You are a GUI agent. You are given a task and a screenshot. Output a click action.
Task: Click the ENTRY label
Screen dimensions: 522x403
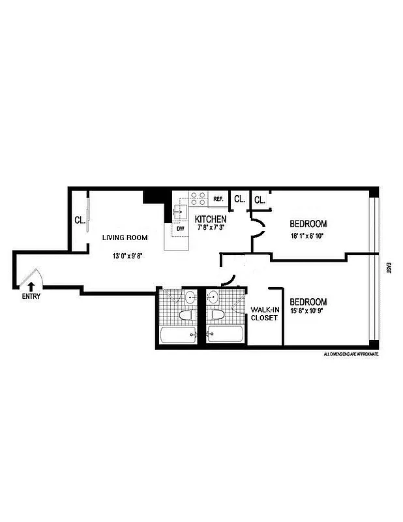tap(31, 296)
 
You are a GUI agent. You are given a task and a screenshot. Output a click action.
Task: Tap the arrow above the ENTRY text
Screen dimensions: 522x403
tap(30, 284)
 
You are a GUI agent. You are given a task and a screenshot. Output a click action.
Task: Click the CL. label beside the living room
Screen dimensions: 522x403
tap(80, 220)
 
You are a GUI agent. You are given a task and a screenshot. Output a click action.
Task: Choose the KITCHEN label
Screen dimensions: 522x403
tap(211, 219)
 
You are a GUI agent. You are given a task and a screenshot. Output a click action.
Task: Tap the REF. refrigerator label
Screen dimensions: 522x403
tap(218, 199)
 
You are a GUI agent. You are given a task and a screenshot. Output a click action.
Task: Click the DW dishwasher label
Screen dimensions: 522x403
tap(180, 228)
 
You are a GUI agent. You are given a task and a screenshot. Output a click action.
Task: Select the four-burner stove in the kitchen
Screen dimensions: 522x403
tap(198, 198)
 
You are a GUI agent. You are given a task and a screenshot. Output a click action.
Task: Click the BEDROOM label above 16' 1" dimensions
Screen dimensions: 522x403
tap(308, 223)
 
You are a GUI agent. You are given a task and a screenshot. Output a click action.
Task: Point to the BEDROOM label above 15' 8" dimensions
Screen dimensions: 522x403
tap(308, 302)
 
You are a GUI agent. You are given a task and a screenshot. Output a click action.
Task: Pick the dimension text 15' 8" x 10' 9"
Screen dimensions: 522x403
tap(308, 312)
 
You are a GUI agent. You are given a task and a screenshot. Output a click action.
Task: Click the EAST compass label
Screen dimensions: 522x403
tap(389, 268)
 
